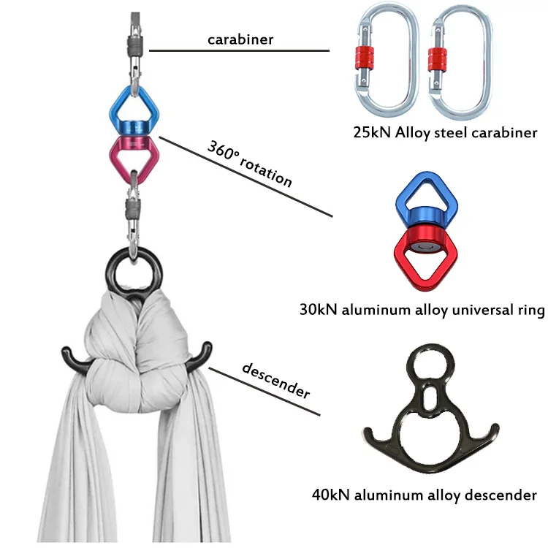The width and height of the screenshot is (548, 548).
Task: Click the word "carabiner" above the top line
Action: (240, 39)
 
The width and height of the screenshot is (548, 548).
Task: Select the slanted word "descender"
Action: (276, 379)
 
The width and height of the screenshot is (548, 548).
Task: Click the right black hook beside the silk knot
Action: (201, 355)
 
